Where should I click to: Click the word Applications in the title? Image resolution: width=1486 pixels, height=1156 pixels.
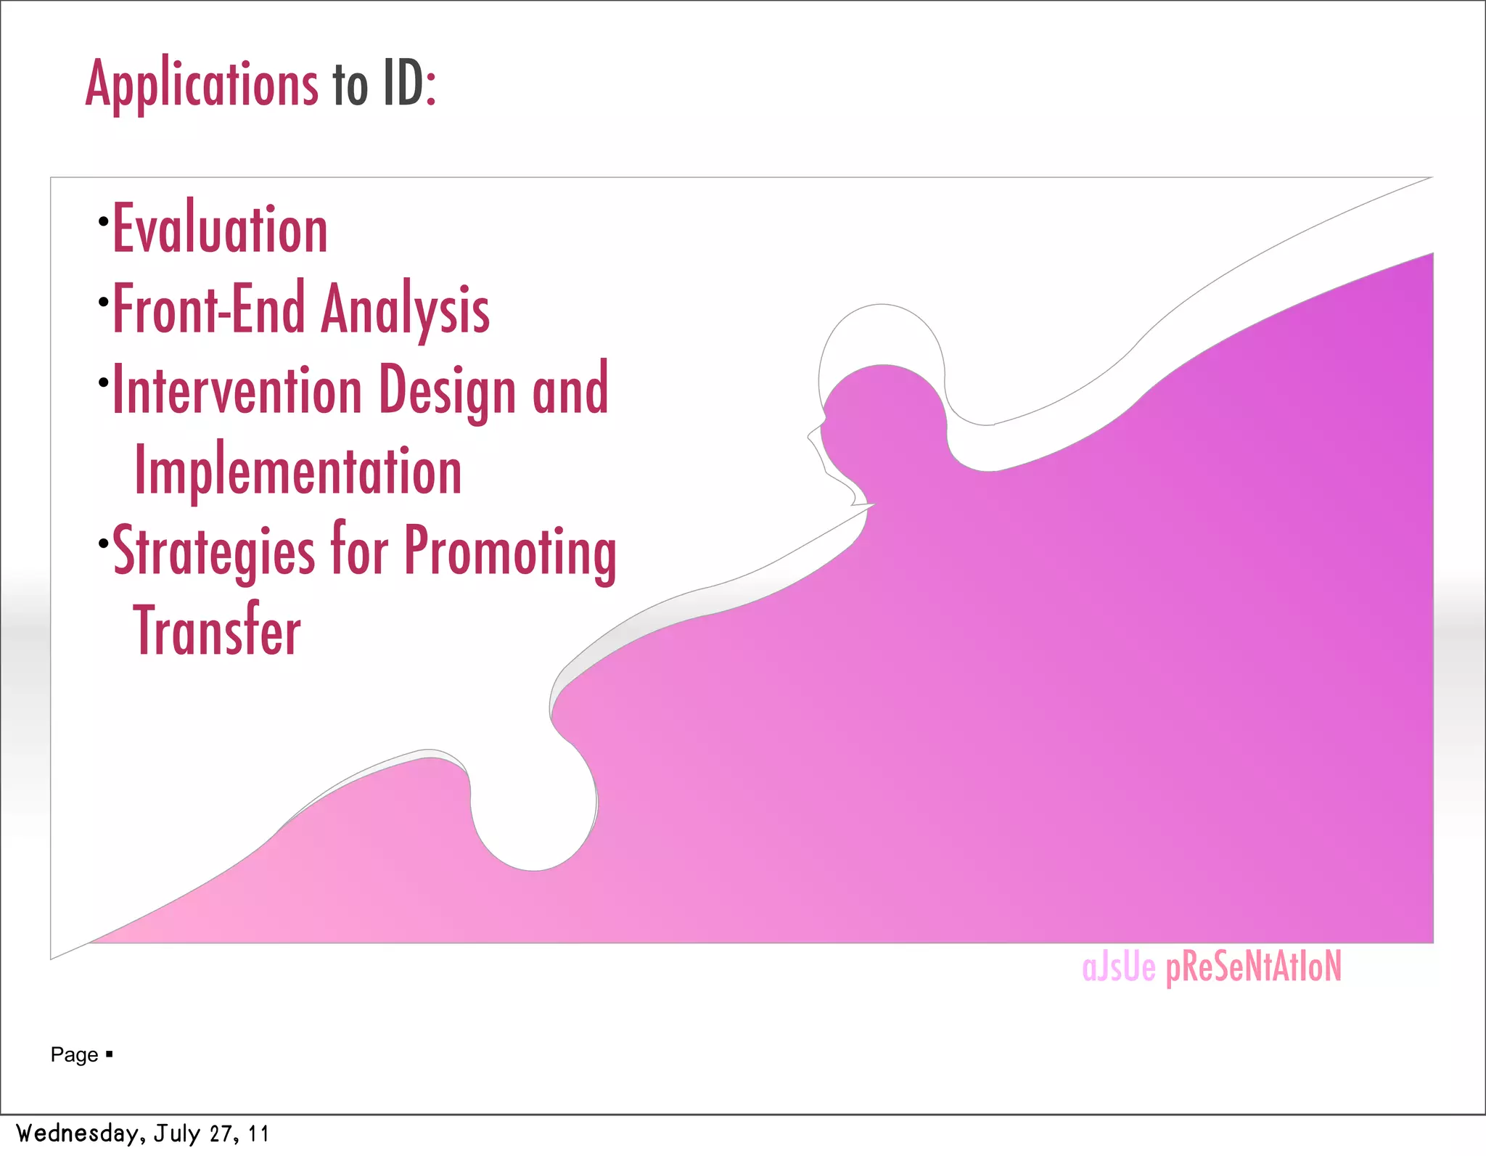pyautogui.click(x=202, y=84)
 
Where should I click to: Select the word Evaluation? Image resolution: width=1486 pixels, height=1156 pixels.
pyautogui.click(x=220, y=229)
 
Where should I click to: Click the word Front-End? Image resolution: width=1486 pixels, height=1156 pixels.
pyautogui.click(x=209, y=309)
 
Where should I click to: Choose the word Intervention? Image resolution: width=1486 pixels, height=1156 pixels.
pyautogui.click(x=237, y=390)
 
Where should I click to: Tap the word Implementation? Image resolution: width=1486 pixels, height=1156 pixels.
pyautogui.click(x=298, y=471)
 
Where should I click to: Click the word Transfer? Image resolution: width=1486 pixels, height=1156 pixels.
pyautogui.click(x=217, y=631)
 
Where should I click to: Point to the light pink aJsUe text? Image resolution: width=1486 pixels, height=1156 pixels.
pyautogui.click(x=1118, y=967)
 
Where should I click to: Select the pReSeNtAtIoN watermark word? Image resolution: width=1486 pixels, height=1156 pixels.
pyautogui.click(x=1253, y=967)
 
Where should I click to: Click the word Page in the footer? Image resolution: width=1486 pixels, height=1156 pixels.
pyautogui.click(x=74, y=1054)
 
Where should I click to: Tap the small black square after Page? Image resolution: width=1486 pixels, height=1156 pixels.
pyautogui.click(x=109, y=1054)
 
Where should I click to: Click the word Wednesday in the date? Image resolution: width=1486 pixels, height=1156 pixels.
pyautogui.click(x=78, y=1133)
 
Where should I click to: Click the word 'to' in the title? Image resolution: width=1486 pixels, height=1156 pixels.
pyautogui.click(x=350, y=86)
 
